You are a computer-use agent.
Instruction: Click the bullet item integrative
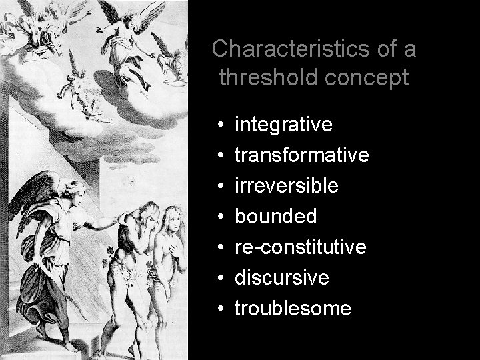pos(284,125)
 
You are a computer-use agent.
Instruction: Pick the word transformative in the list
pos(302,155)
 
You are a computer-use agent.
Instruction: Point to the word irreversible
pos(287,186)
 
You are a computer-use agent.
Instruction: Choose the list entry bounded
pos(277,217)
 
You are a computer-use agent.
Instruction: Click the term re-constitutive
pos(301,247)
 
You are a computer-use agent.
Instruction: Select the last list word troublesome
pos(293,309)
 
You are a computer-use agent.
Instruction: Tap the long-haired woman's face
pos(169,219)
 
